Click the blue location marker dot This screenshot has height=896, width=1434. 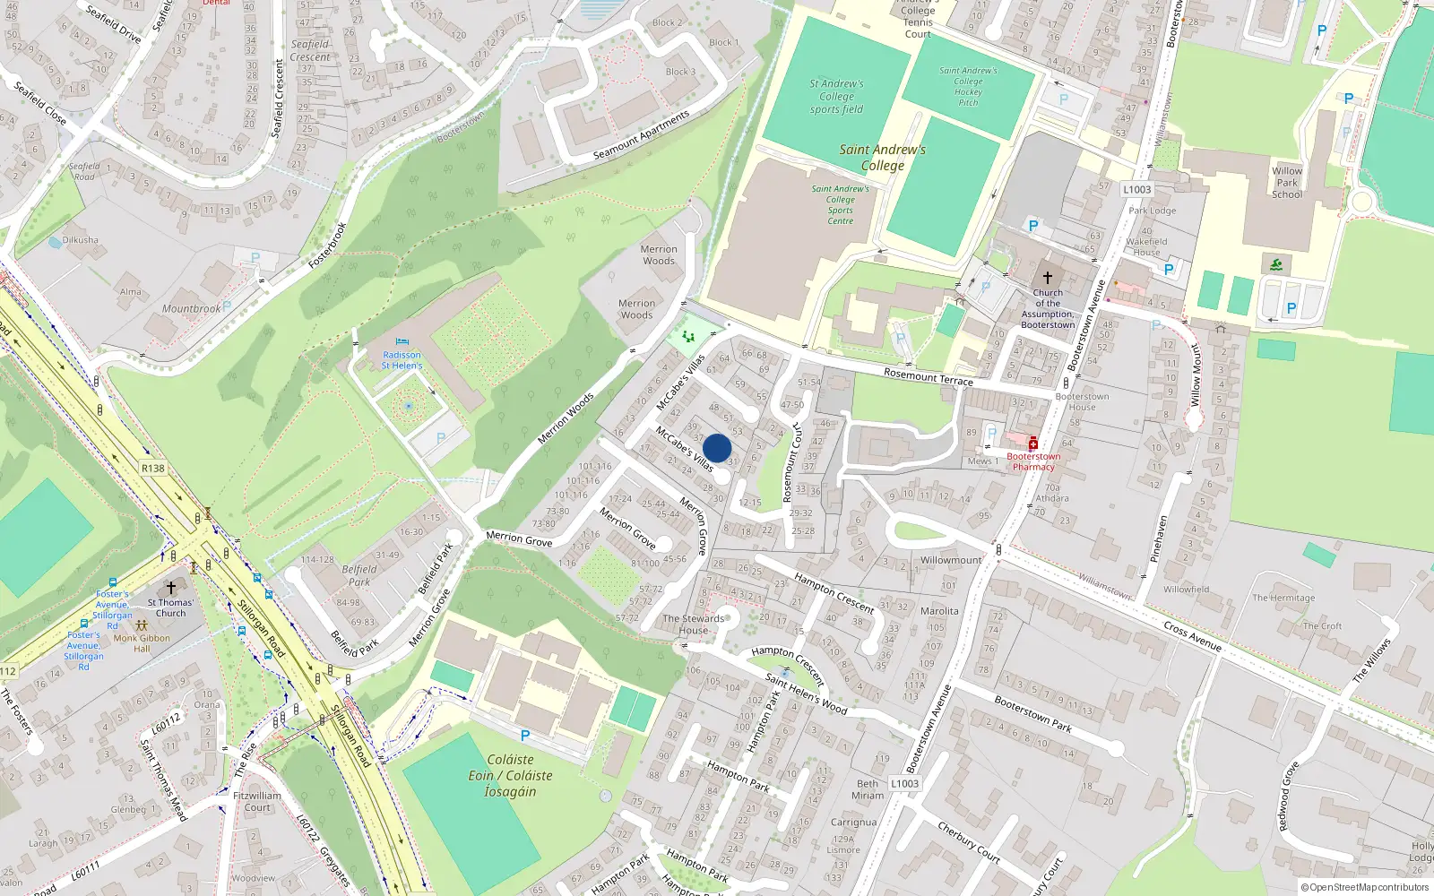[717, 448]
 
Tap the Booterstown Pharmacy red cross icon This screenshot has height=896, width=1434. [1032, 444]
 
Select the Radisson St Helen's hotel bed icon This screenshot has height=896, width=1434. [402, 342]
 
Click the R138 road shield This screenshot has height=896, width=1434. [153, 468]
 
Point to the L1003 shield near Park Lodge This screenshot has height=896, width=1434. [1136, 189]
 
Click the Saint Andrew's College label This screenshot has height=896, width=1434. [882, 158]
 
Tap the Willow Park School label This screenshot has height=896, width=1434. [1287, 182]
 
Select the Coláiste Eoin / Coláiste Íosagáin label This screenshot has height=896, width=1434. [510, 775]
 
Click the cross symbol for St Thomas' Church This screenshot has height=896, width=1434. [170, 588]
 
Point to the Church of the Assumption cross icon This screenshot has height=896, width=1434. [1047, 278]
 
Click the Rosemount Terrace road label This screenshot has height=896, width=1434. [928, 376]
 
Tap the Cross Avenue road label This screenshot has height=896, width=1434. [1192, 635]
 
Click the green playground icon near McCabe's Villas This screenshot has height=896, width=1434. [688, 336]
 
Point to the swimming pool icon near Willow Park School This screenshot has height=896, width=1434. [1276, 264]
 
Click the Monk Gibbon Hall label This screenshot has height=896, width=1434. [142, 643]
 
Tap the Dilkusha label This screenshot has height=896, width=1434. [81, 240]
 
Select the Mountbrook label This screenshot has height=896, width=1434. [191, 308]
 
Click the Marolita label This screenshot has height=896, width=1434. [939, 611]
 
